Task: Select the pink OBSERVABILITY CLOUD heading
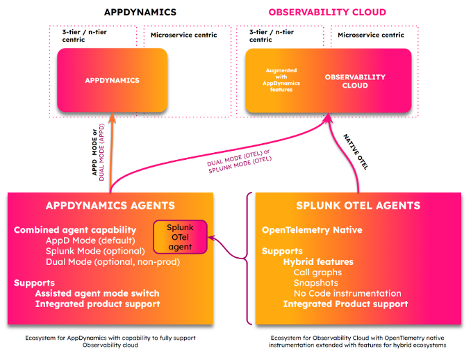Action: pos(327,12)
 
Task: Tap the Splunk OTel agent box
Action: pos(180,236)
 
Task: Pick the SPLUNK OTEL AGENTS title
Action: pos(358,206)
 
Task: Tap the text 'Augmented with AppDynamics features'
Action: pos(281,80)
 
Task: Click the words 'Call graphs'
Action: pos(317,272)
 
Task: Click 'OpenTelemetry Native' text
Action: pos(312,230)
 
